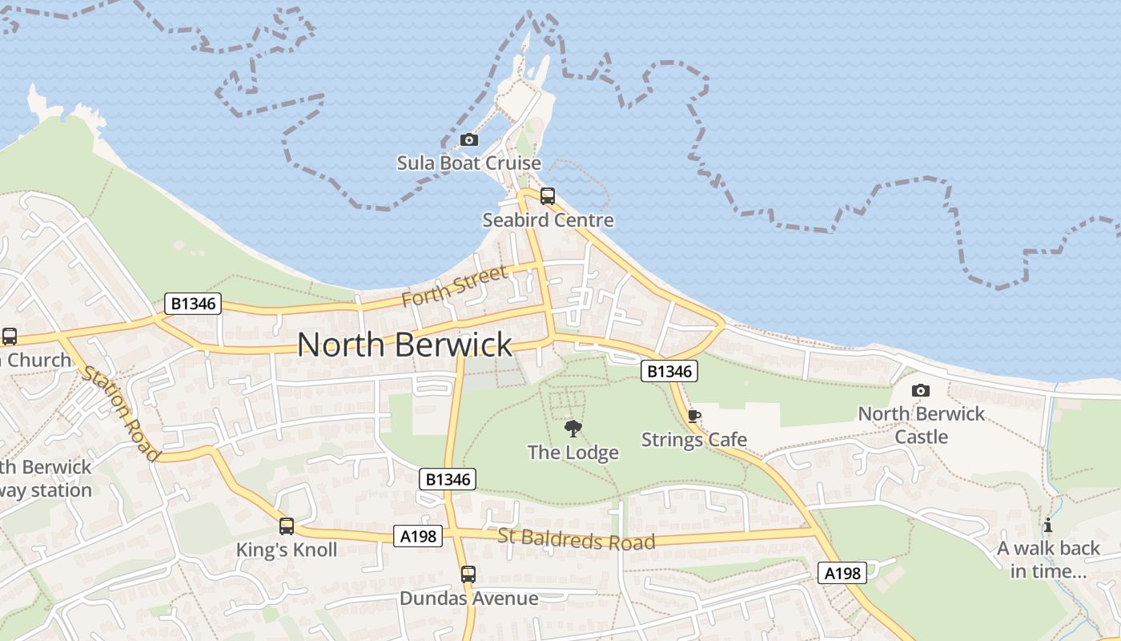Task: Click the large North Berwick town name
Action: pyautogui.click(x=404, y=345)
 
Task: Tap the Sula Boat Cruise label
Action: pyautogui.click(x=469, y=163)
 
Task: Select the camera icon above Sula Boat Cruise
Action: pyautogui.click(x=469, y=140)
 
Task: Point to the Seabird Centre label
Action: pyautogui.click(x=548, y=220)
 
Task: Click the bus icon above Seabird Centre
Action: pyautogui.click(x=548, y=196)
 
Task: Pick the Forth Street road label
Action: pyautogui.click(x=454, y=286)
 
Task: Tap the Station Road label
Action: pyautogui.click(x=120, y=413)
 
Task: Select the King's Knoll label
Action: pyautogui.click(x=287, y=550)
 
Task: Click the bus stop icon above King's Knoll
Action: pyautogui.click(x=287, y=526)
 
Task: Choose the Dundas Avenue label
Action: pyautogui.click(x=468, y=598)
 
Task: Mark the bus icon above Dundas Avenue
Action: pyautogui.click(x=468, y=574)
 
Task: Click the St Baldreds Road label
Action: pyautogui.click(x=577, y=539)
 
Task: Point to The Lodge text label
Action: pyautogui.click(x=573, y=453)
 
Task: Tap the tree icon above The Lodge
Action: pyautogui.click(x=573, y=429)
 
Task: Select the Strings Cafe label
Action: pyautogui.click(x=694, y=440)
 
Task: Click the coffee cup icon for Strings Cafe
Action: pyautogui.click(x=694, y=417)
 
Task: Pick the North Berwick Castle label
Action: pyautogui.click(x=921, y=425)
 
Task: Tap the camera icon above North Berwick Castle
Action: pyautogui.click(x=921, y=390)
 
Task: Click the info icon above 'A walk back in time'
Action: pyautogui.click(x=1048, y=526)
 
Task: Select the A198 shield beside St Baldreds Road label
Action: pyautogui.click(x=419, y=536)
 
